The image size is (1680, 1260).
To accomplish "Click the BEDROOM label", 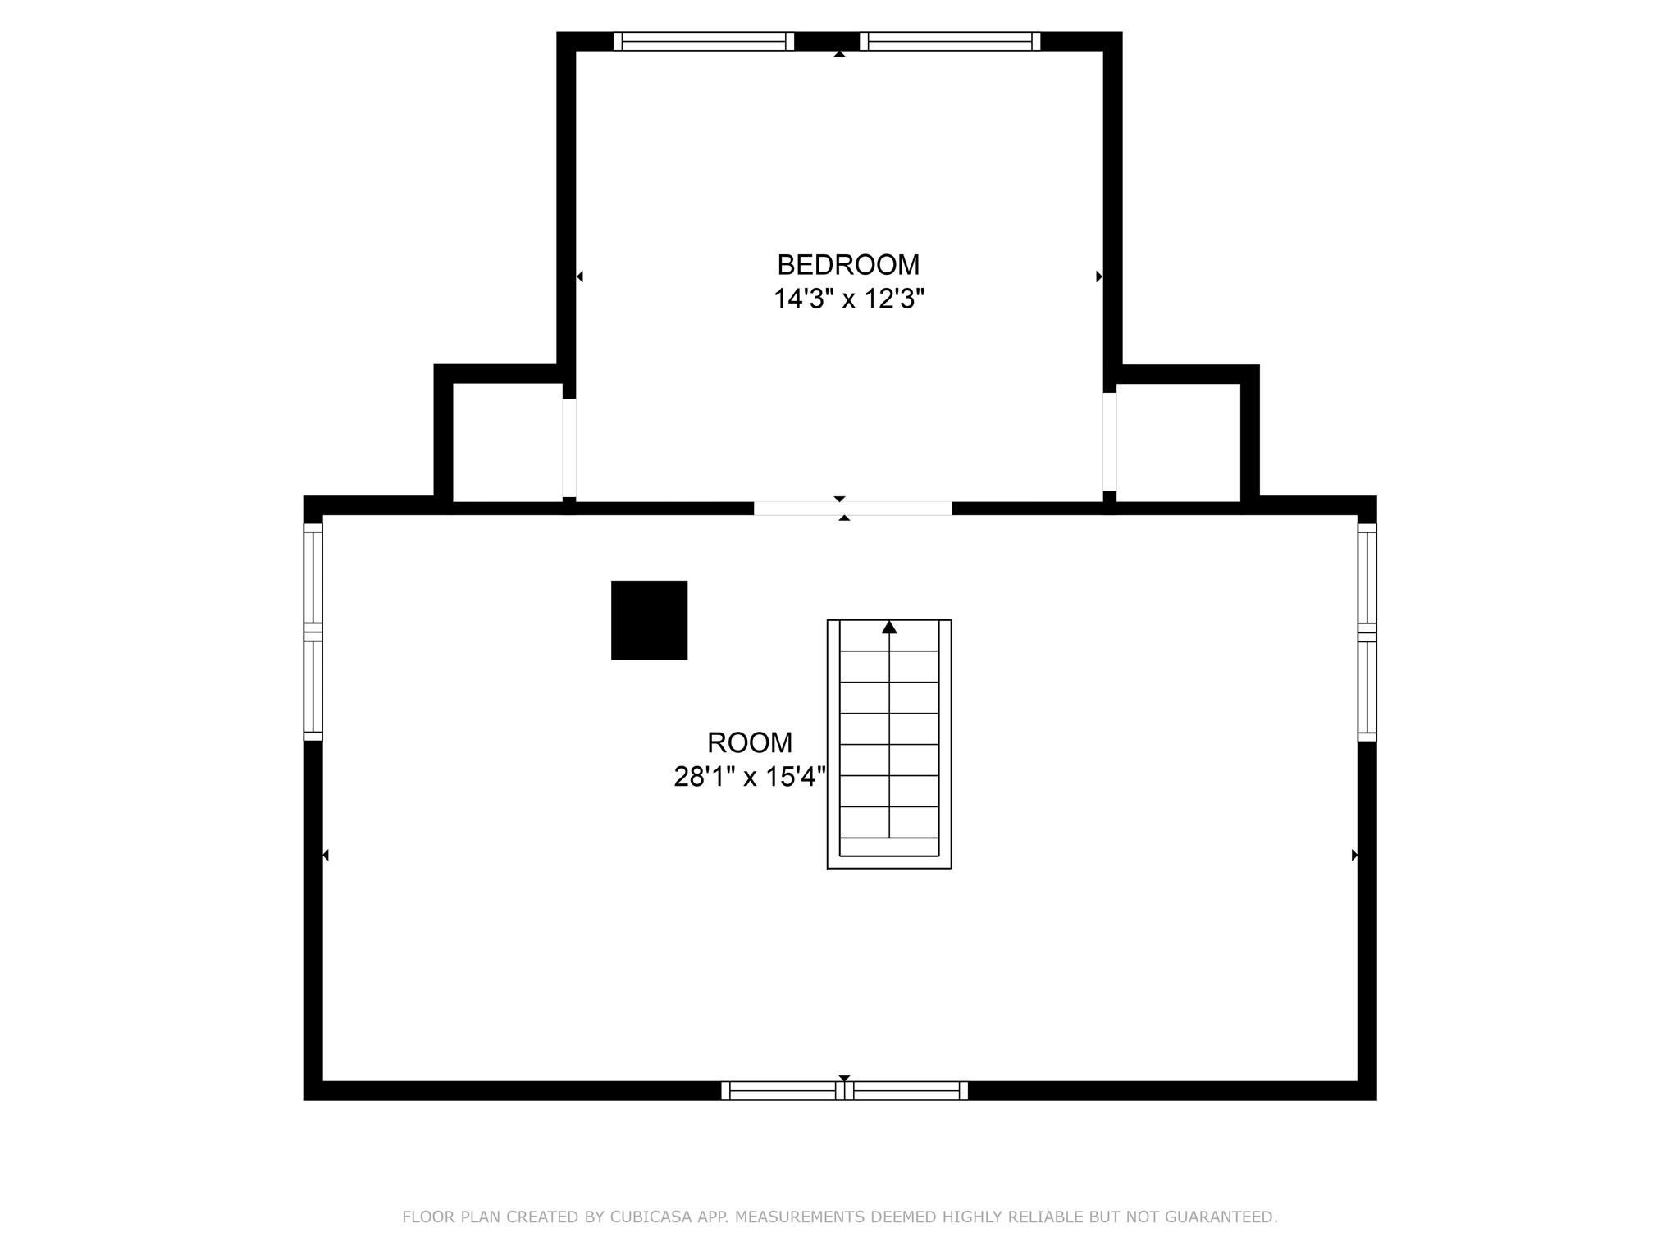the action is tap(848, 265).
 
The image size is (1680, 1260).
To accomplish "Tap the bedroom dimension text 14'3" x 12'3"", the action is tap(849, 299).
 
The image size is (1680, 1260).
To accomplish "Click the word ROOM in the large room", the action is tap(750, 742).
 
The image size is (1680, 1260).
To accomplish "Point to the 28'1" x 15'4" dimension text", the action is tap(750, 776).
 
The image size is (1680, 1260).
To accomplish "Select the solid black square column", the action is tap(649, 620).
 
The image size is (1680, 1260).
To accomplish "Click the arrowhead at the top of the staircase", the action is tap(889, 628).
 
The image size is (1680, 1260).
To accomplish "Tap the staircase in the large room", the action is tap(889, 744).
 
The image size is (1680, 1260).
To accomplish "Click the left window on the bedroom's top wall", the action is tap(704, 41).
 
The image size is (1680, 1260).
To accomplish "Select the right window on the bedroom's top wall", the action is tap(950, 41).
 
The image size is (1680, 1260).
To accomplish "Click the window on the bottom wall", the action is tap(844, 1090).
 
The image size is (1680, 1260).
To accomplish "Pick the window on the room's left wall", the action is tap(313, 632).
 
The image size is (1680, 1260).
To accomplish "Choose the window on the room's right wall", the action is tap(1367, 632).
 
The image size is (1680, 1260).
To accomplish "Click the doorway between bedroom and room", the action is tap(852, 508).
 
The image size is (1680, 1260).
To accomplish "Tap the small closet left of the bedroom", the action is tap(507, 441).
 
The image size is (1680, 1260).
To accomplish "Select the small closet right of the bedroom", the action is tap(1178, 441).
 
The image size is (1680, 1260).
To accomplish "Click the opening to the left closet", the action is tap(569, 448).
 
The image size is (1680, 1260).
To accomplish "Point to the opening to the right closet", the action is tap(1110, 442).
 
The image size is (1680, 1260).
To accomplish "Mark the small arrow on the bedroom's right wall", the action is tap(1099, 276).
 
